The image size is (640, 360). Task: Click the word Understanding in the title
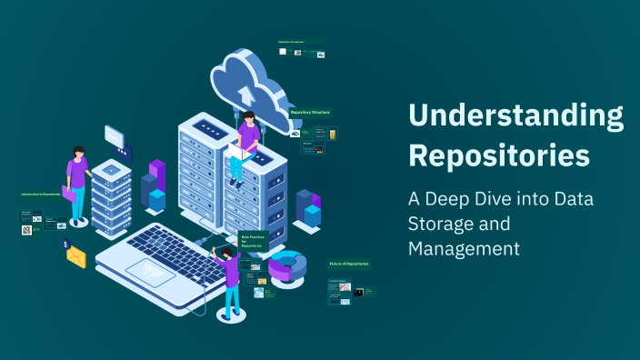coord(515,115)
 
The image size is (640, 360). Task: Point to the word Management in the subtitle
coord(464,246)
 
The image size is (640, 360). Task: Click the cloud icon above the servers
coord(249,77)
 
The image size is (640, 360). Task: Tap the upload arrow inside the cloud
coord(245,93)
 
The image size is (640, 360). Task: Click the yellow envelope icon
coord(76,257)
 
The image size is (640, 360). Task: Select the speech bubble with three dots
coord(116,137)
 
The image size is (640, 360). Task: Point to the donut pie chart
coord(287,266)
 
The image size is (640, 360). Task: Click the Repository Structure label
coord(310,112)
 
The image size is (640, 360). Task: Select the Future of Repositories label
coord(349,264)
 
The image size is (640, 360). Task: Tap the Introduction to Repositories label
coord(41,195)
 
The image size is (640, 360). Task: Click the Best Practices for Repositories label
coord(251,240)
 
